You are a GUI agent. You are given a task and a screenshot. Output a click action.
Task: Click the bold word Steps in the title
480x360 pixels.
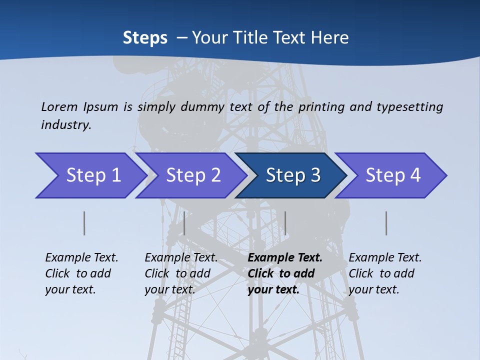(145, 37)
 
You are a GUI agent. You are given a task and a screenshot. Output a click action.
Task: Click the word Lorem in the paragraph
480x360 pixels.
(59, 106)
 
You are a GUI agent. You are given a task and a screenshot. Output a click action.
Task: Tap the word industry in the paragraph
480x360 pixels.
(66, 124)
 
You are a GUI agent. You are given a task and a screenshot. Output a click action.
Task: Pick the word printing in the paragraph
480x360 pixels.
(315, 106)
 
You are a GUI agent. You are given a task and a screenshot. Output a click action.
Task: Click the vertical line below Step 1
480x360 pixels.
(84, 223)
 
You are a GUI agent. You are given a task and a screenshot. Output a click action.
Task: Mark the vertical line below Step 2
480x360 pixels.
(184, 223)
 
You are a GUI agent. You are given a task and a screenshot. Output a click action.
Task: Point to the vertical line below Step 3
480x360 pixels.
(285, 223)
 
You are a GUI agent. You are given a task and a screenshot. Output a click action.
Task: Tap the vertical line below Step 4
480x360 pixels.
(386, 223)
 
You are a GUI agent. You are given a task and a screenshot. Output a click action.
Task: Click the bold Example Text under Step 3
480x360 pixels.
(285, 258)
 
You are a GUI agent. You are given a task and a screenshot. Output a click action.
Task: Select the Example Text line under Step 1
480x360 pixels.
(81, 258)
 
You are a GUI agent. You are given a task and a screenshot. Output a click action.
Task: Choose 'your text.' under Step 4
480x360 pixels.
(373, 289)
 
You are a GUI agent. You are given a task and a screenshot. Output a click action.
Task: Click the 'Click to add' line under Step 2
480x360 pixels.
(177, 273)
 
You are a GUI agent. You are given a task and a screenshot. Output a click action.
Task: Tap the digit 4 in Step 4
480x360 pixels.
(415, 175)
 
